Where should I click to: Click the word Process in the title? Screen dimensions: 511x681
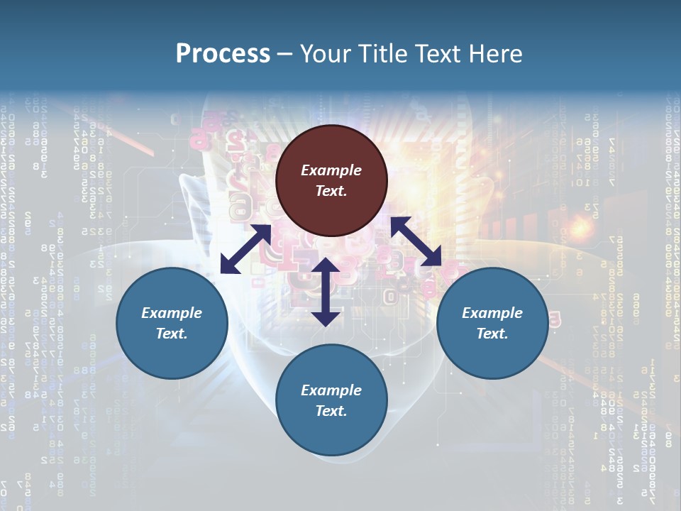click(223, 54)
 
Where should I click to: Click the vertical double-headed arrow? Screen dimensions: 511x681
click(326, 292)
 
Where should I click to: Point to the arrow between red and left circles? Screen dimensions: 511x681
click(245, 249)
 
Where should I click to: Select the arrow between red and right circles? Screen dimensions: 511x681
click(416, 241)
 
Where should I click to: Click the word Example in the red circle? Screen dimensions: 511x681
click(331, 170)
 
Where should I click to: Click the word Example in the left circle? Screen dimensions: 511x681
click(172, 313)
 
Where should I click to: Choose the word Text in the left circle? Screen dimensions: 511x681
click(171, 334)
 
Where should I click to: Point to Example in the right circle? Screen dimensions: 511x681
click(492, 313)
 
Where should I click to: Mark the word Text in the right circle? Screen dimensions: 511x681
click(492, 334)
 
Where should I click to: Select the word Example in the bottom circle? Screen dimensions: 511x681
click(331, 390)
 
